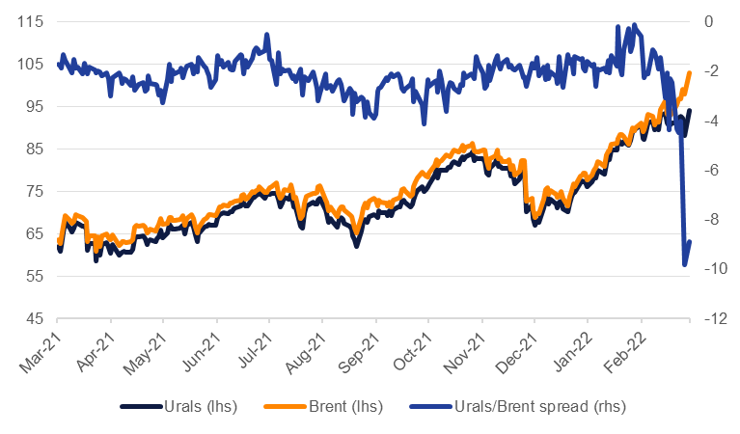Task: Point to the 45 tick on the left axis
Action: click(x=38, y=319)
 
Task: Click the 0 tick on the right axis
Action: click(x=708, y=22)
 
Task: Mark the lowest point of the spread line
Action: click(x=685, y=264)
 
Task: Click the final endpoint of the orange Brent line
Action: click(x=690, y=73)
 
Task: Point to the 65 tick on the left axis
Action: click(x=38, y=234)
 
